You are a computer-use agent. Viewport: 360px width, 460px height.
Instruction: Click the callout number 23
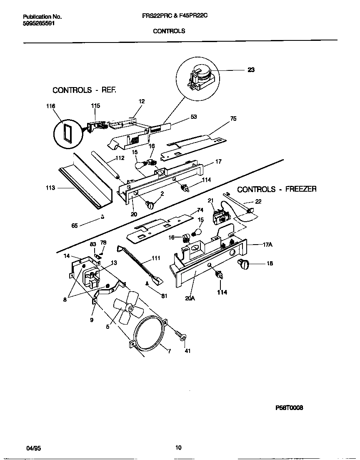[x=251, y=70]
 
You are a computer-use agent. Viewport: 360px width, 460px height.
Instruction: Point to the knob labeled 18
[x=242, y=263]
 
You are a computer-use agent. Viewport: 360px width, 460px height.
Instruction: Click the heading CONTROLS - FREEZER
[x=277, y=189]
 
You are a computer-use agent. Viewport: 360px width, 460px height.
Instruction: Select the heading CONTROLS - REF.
[x=84, y=90]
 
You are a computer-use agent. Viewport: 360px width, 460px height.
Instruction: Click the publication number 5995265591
[x=38, y=24]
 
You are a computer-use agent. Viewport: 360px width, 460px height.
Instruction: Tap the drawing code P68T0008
[x=289, y=408]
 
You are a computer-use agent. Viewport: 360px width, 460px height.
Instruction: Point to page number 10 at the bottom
[x=178, y=448]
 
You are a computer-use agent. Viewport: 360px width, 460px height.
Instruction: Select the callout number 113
[x=50, y=188]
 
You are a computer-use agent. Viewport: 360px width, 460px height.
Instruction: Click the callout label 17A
[x=267, y=245]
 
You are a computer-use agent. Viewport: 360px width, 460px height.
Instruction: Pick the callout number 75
[x=233, y=119]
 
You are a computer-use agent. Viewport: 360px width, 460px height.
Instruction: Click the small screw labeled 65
[x=102, y=216]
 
